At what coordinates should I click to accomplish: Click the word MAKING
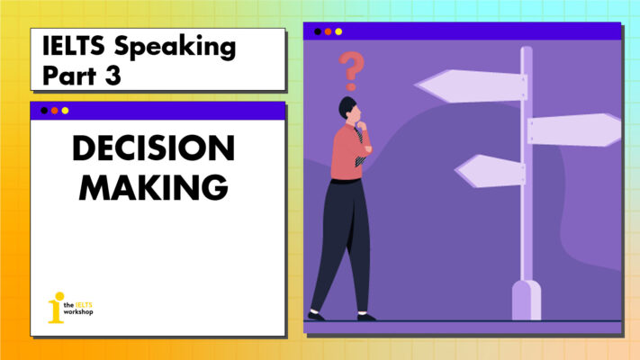[x=154, y=187]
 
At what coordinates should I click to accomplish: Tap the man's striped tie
[x=360, y=146]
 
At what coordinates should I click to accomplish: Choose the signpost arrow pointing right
[x=572, y=130]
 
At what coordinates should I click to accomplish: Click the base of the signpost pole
[x=526, y=301]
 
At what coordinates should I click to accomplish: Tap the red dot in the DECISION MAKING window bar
[x=54, y=111]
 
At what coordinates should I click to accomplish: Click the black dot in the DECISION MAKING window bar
[x=43, y=111]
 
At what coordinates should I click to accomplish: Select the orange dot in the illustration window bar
[x=328, y=32]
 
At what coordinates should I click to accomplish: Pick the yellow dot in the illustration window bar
[x=338, y=32]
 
